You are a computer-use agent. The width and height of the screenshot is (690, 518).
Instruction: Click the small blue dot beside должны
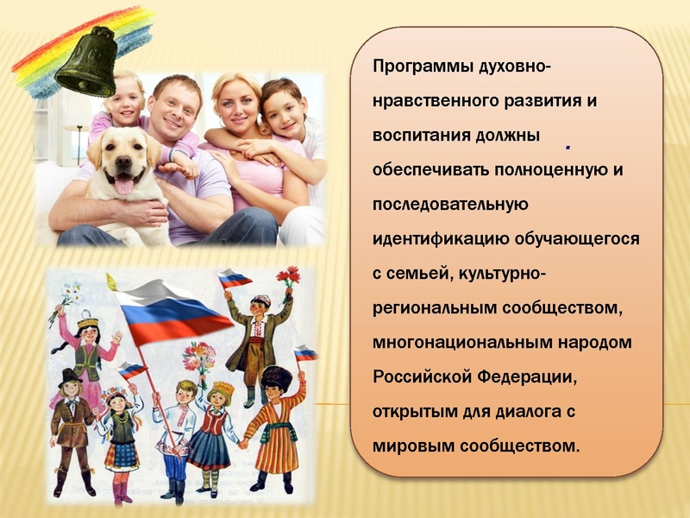click(x=568, y=148)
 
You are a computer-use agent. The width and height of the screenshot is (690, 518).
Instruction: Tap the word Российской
click(x=419, y=377)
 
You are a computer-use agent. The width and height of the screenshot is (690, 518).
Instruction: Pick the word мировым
click(x=412, y=446)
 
